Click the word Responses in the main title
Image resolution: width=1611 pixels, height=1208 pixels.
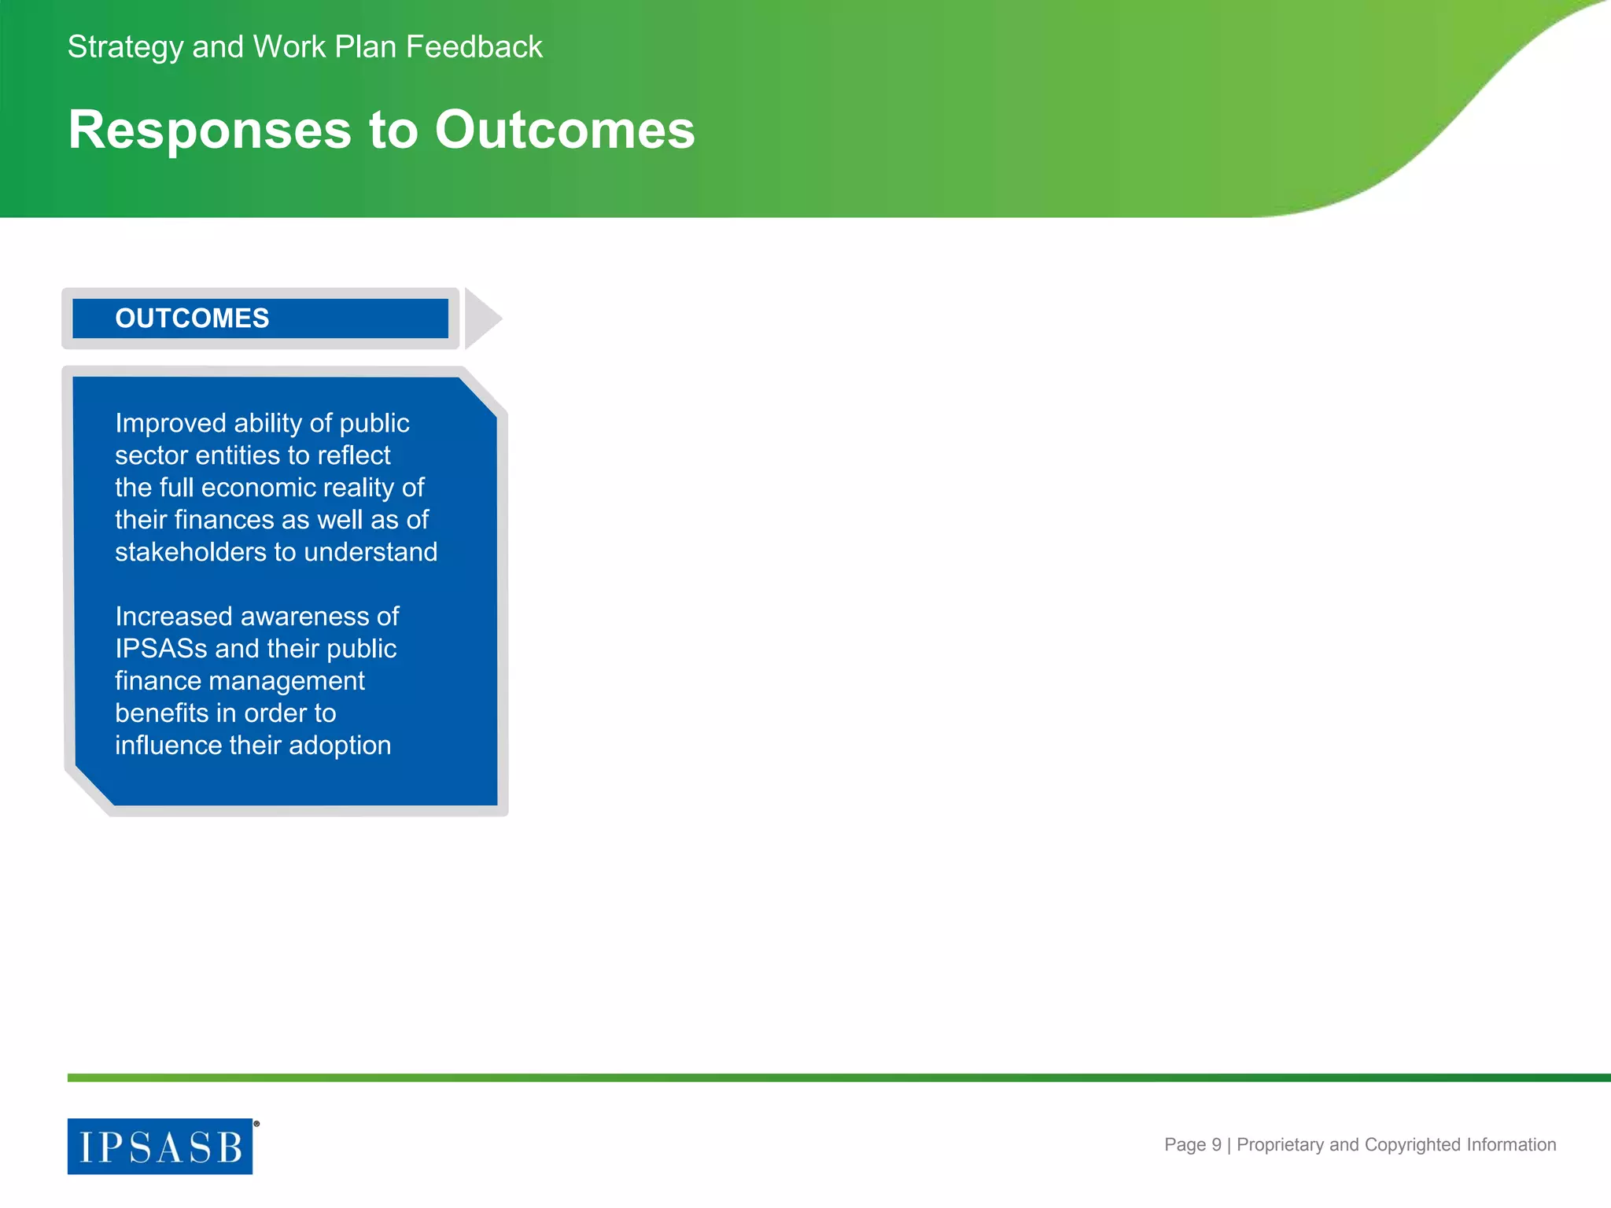pos(209,131)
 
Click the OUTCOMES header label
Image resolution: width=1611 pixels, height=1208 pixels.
pos(192,319)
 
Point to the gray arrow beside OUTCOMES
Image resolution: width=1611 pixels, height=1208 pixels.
pos(481,319)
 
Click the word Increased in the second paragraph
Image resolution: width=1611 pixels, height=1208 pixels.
pos(173,617)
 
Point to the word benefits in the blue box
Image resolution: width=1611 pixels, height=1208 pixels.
pos(161,713)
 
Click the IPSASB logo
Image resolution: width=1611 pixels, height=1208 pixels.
pos(160,1147)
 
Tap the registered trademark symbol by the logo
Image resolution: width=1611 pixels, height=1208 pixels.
pos(256,1124)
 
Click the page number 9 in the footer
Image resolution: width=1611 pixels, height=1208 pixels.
pos(1216,1145)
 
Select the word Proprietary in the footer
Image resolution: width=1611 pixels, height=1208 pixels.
pos(1280,1145)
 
